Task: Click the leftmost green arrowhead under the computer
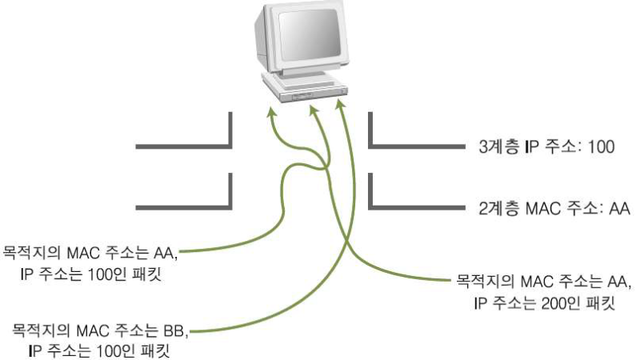pos(270,115)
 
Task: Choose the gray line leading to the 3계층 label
pos(416,147)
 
